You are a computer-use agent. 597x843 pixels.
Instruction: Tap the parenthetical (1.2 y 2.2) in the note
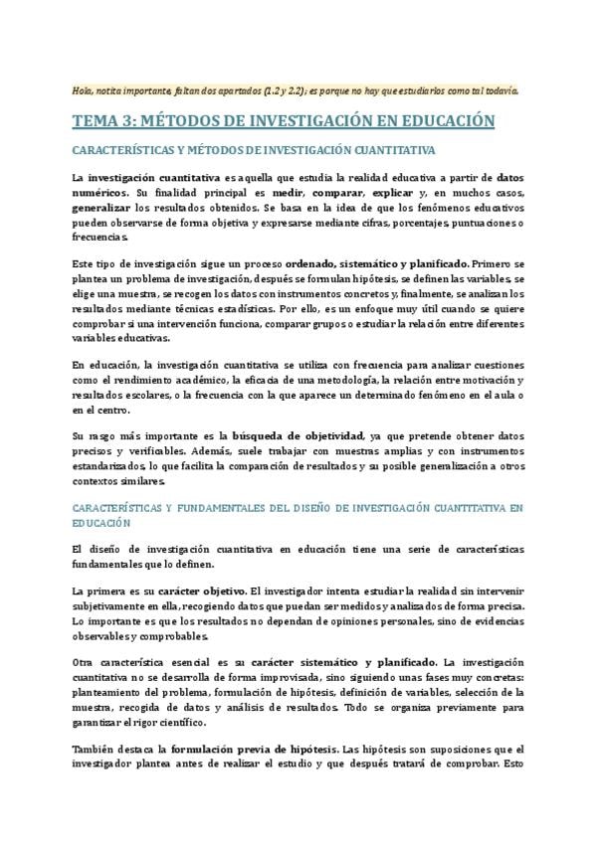[x=288, y=90]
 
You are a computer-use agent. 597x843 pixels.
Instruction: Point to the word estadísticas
[x=234, y=309]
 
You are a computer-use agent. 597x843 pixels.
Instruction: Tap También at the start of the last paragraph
[x=99, y=748]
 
